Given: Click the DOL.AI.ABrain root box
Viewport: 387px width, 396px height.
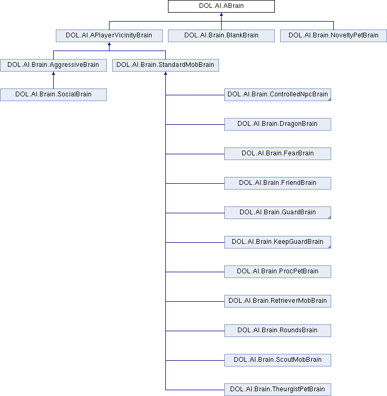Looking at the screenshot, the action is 221,6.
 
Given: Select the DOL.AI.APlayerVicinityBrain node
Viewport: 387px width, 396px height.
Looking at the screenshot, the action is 109,36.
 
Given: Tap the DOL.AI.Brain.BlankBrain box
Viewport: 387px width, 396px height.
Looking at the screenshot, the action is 221,36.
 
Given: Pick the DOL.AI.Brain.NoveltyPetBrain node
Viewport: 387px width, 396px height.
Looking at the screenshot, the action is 333,36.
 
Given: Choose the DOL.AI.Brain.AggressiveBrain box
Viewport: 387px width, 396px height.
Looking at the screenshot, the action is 53,65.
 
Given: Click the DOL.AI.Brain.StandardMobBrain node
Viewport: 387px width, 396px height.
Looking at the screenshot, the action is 166,65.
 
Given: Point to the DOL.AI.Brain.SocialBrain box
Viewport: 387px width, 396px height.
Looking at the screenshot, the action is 53,95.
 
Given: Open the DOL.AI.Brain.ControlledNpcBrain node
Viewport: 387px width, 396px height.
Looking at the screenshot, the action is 277,95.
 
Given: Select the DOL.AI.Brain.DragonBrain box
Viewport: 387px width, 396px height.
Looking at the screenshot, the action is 277,124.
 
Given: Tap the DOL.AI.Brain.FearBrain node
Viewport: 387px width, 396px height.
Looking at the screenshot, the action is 277,154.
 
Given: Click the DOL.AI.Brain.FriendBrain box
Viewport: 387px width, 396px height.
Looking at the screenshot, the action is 277,183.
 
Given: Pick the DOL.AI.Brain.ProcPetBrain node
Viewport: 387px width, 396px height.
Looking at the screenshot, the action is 277,272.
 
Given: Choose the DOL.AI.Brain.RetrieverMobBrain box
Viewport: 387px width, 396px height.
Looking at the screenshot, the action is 277,301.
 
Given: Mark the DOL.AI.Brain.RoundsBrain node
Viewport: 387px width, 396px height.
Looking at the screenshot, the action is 277,331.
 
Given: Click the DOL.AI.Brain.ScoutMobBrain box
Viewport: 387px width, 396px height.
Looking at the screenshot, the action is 277,360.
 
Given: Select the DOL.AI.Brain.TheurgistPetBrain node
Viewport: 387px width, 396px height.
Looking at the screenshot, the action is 277,390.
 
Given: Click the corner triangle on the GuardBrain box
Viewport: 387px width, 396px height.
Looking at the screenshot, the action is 330,217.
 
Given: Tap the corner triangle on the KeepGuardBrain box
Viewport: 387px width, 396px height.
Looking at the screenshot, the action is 330,247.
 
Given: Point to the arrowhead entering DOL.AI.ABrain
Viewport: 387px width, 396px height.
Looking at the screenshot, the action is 221,14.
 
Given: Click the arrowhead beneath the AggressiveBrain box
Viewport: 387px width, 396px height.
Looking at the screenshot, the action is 53,74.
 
